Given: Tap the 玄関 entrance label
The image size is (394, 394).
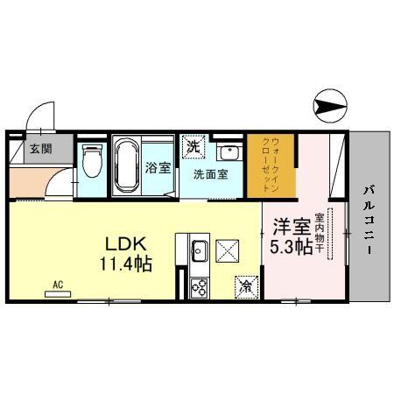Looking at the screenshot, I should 40,147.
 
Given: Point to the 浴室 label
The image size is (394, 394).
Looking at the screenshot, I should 158,168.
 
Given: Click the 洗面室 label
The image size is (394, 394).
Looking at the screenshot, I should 210,172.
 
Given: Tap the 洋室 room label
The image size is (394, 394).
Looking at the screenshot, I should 289,227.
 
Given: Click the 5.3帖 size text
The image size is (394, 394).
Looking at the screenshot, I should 291,247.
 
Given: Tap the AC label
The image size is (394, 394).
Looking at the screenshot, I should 58,285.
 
